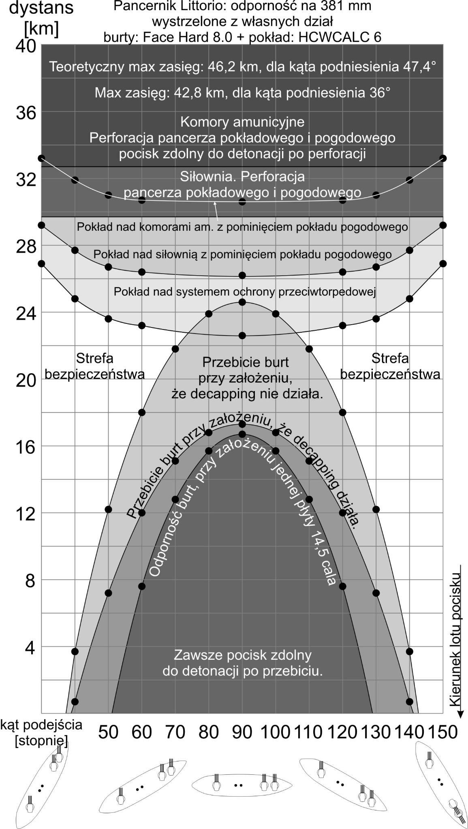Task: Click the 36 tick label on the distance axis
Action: (x=26, y=113)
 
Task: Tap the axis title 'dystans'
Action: (x=41, y=8)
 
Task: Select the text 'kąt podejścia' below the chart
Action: (x=41, y=724)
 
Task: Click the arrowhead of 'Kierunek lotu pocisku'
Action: (x=461, y=714)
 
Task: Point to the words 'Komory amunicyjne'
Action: (x=242, y=121)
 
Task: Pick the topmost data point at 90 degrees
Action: (x=242, y=202)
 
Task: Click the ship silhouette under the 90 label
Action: (x=242, y=784)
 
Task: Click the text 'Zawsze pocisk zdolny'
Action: (x=242, y=655)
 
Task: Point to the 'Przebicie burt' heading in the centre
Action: (x=245, y=361)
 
